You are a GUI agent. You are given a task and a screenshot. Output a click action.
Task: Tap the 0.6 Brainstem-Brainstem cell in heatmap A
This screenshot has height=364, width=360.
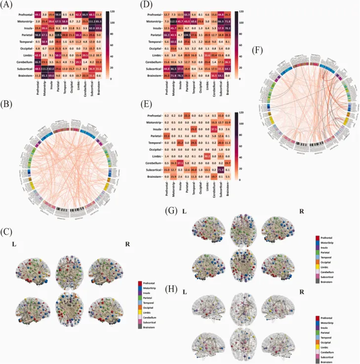pyautogui.click(x=99, y=75)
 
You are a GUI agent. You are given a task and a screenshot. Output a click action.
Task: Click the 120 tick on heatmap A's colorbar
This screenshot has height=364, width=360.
pyautogui.click(x=113, y=11)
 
